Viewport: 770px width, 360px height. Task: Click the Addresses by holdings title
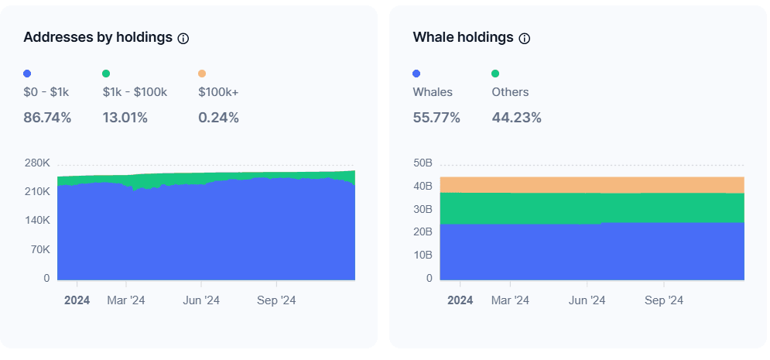point(98,37)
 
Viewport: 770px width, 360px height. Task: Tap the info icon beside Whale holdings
point(524,38)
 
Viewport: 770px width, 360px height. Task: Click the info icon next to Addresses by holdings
point(183,38)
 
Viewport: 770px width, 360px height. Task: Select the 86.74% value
point(47,118)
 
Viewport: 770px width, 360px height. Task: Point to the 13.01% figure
point(125,118)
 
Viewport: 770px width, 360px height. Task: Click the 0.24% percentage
point(218,118)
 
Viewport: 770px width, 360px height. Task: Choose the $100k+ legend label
point(218,92)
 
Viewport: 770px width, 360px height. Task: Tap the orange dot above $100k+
point(202,74)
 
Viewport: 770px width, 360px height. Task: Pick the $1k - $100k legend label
point(135,92)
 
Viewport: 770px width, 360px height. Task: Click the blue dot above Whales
point(417,74)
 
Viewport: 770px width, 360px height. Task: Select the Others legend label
point(510,92)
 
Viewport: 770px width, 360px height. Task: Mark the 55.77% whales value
point(436,118)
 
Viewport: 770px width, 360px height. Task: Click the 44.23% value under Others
point(516,118)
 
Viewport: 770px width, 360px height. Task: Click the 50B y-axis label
point(423,163)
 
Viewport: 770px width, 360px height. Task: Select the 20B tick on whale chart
point(423,232)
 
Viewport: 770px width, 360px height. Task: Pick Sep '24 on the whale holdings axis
point(664,300)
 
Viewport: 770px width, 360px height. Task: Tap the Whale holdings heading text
point(463,37)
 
